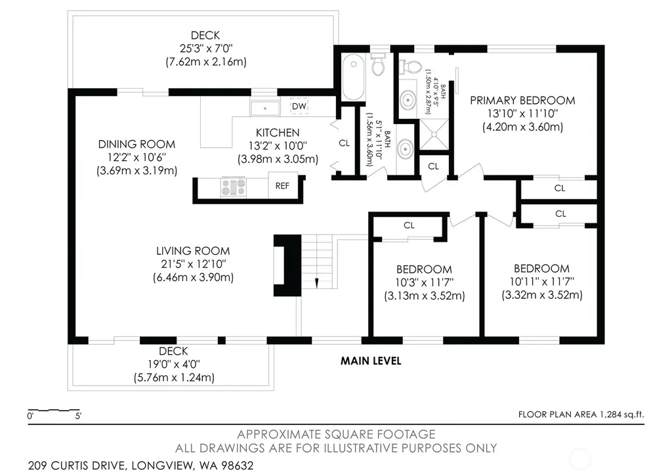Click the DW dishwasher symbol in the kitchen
[299, 106]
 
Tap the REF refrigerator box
[282, 186]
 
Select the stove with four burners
[234, 187]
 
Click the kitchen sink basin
[265, 108]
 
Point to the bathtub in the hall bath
[354, 77]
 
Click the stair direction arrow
[317, 283]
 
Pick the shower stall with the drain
[434, 135]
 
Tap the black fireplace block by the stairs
[287, 265]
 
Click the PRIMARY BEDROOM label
[522, 101]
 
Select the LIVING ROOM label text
[193, 251]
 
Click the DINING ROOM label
[136, 144]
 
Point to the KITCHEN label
[278, 133]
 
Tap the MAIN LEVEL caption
[371, 361]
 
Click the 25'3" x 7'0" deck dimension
[206, 48]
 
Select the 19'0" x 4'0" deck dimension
[174, 364]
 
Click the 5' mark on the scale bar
[79, 416]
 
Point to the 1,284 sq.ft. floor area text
[621, 415]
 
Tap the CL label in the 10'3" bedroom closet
[409, 225]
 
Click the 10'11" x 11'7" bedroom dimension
[541, 281]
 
